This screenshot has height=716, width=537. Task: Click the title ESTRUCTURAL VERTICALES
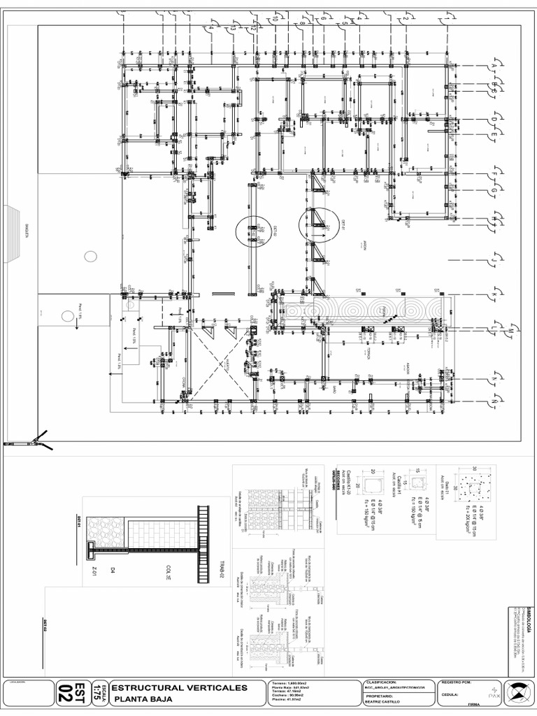click(x=178, y=688)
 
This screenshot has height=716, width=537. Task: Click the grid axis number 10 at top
click(x=275, y=20)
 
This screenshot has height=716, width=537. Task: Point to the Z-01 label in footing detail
click(x=92, y=571)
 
